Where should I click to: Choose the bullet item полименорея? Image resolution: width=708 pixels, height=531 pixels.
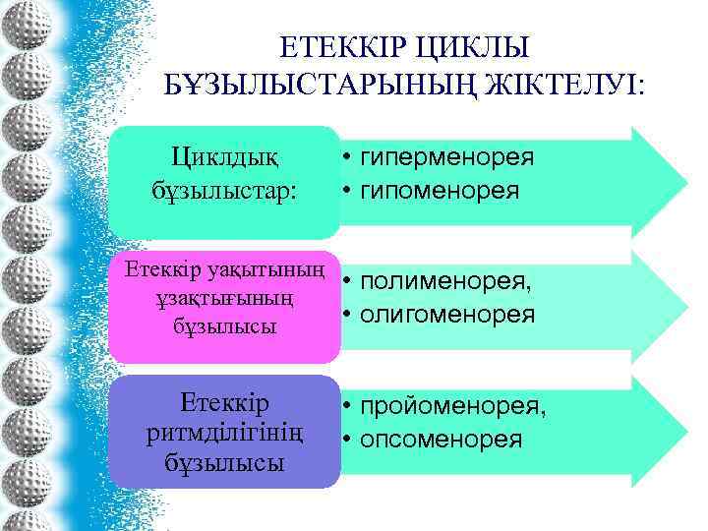coord(445,282)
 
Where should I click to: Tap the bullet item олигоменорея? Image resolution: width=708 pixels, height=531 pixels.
coord(447,315)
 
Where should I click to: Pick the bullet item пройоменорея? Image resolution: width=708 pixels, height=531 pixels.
coord(452,406)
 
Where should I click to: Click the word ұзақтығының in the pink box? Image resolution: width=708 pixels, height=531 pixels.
coord(222,297)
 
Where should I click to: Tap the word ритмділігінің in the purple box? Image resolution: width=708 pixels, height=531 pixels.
coord(223,432)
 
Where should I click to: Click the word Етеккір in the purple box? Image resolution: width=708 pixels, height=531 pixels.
coord(224,402)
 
